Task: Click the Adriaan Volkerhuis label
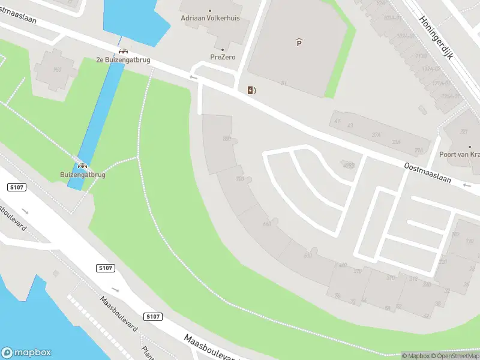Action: [x=209, y=18]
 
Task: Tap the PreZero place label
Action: [x=222, y=57]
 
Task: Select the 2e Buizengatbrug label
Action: [x=123, y=60]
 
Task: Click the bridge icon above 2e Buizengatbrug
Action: [x=123, y=51]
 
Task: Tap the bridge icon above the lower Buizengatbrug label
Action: [x=82, y=166]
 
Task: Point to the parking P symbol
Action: [x=299, y=42]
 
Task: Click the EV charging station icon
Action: [x=252, y=90]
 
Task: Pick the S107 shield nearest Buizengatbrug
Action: [x=17, y=188]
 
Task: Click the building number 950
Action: [x=58, y=70]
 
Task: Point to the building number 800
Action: [x=227, y=139]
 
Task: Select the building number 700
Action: [x=240, y=179]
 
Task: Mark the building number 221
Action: [x=463, y=132]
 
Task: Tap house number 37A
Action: [x=376, y=136]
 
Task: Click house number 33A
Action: [x=396, y=142]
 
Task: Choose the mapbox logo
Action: [x=27, y=353]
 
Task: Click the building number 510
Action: [x=308, y=256]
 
